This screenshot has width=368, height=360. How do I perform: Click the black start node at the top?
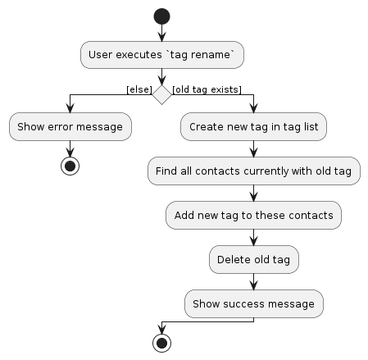click(x=162, y=16)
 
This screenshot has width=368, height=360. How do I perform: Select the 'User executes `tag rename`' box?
click(x=162, y=55)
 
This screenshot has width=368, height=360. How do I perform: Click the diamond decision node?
click(x=162, y=95)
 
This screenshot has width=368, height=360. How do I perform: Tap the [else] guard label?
click(x=139, y=88)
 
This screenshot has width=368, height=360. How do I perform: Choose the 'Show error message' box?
click(x=70, y=127)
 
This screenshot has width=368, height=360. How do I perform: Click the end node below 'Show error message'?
click(x=70, y=166)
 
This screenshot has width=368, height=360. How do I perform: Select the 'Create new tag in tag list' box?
click(x=254, y=127)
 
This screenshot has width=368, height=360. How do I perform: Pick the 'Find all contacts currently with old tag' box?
click(x=254, y=171)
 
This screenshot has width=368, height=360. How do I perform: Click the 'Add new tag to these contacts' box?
click(x=254, y=216)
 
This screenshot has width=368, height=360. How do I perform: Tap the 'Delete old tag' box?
click(x=254, y=260)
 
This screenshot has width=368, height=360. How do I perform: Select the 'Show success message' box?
click(x=254, y=304)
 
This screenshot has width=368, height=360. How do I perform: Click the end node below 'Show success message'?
click(x=162, y=343)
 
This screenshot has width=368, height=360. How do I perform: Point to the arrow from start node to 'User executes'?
click(x=162, y=33)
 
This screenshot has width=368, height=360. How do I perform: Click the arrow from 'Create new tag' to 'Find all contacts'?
click(x=254, y=148)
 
